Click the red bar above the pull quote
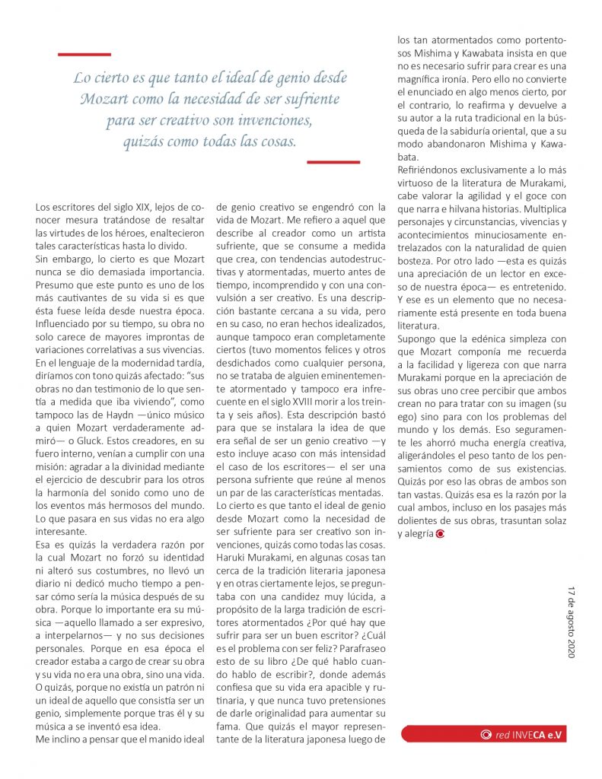tap(84, 54)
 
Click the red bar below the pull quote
tap(333, 161)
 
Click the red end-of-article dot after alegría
tap(441, 534)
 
